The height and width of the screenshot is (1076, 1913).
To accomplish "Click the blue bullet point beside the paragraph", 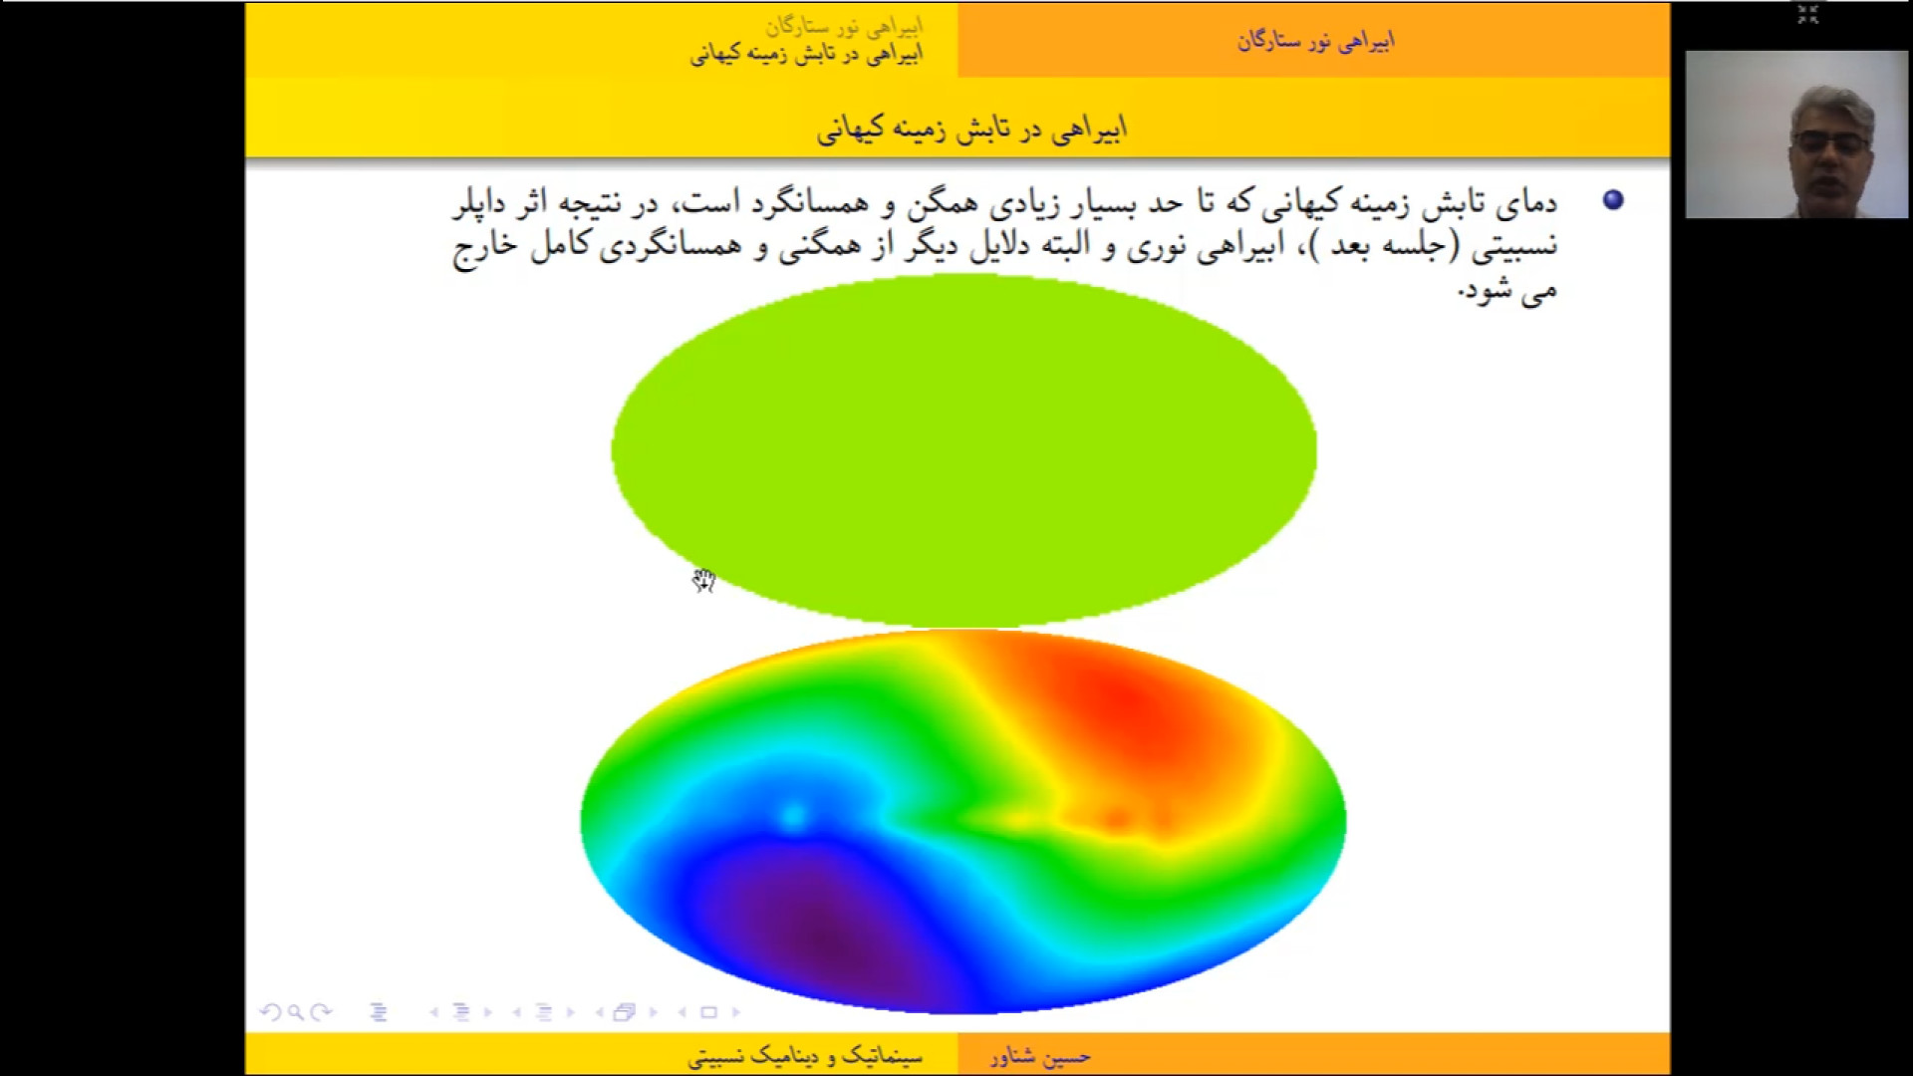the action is point(1613,200).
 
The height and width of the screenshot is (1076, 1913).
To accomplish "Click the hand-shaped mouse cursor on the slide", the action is point(704,581).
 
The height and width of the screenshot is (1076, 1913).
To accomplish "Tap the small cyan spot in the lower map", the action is point(793,818).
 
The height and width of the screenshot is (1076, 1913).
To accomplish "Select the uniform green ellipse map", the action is point(963,450).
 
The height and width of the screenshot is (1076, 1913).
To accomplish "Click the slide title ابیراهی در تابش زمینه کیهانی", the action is point(971,130).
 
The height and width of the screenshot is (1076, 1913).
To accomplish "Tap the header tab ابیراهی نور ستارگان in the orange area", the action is point(1315,41).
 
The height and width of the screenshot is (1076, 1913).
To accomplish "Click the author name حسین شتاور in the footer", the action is point(1040,1056).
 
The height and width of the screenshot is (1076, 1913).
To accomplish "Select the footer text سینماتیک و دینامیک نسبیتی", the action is point(805,1056).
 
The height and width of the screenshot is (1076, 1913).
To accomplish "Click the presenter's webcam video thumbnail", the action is point(1796,134).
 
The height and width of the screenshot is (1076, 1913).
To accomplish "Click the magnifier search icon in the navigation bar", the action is point(295,1012).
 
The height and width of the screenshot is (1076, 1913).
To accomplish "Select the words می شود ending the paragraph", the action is point(1508,290).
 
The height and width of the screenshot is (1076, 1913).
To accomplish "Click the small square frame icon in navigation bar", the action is point(708,1012).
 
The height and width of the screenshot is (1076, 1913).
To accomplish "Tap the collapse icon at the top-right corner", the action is point(1808,14).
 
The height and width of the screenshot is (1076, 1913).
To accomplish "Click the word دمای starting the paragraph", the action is point(1526,203).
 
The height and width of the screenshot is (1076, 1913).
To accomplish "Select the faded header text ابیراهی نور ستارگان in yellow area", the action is point(843,26).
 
